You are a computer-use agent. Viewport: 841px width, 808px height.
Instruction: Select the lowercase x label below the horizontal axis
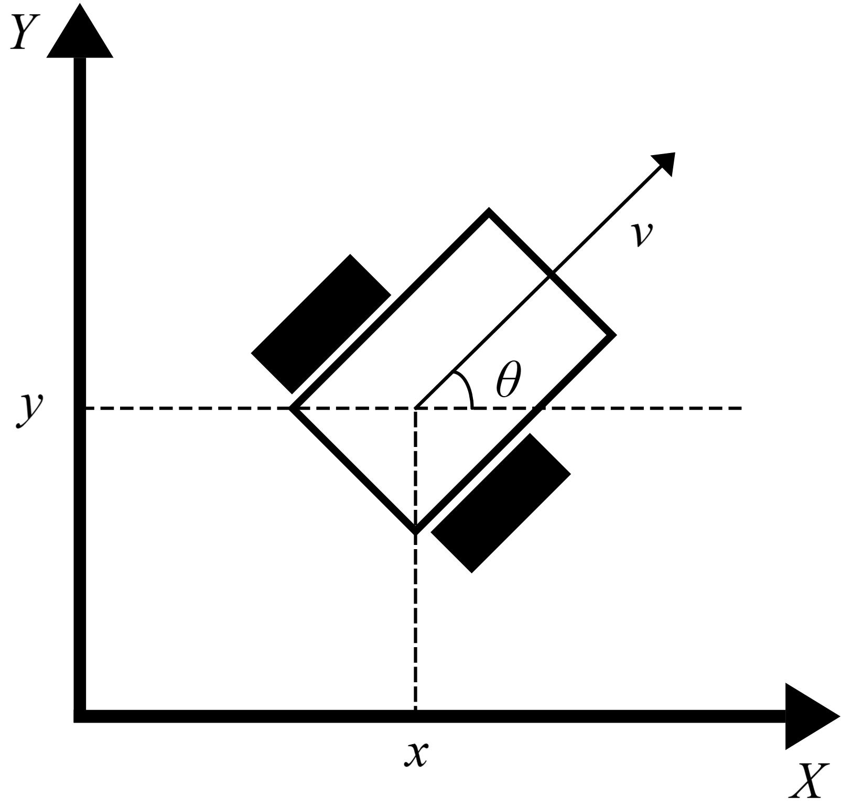(x=416, y=755)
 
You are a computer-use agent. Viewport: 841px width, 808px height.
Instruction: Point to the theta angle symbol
(x=509, y=379)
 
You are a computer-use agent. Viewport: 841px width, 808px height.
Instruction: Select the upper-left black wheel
(x=321, y=324)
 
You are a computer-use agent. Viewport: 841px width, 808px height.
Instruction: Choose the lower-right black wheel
(x=501, y=503)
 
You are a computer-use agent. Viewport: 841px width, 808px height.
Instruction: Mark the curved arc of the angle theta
(x=467, y=387)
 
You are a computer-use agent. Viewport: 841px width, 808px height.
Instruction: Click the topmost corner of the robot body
(x=489, y=211)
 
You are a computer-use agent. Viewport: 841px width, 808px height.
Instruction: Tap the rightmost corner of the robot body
(x=613, y=335)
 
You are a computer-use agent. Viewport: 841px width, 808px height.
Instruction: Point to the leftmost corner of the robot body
(x=292, y=408)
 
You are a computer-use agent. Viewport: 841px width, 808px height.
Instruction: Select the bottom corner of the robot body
(x=416, y=531)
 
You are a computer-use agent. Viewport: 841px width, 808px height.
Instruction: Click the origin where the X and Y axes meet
(x=80, y=716)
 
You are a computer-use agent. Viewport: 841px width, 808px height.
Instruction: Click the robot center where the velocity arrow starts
(x=416, y=408)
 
